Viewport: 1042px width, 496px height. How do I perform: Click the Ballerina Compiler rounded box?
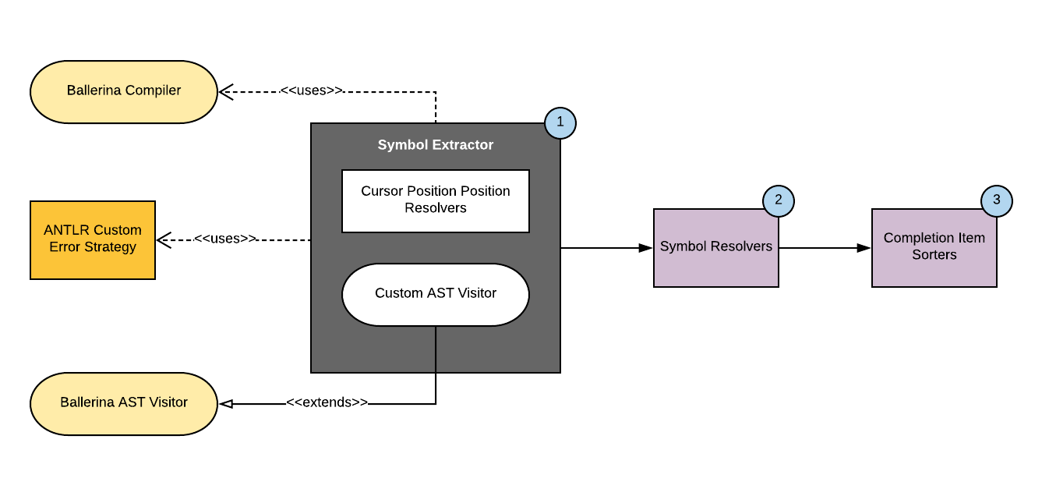pos(123,91)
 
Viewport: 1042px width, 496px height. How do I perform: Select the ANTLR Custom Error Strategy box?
pos(92,239)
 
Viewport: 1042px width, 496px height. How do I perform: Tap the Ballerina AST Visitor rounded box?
pos(123,403)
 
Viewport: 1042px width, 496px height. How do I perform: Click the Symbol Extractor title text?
pos(435,145)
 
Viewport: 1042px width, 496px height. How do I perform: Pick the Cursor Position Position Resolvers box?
pos(435,200)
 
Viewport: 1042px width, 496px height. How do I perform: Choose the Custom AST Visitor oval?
pos(435,294)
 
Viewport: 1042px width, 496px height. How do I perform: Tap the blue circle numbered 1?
pos(560,123)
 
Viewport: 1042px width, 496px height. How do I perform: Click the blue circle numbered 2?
pos(778,200)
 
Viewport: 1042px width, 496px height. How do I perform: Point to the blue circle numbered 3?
pos(996,200)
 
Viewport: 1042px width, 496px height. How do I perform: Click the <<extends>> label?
pos(327,403)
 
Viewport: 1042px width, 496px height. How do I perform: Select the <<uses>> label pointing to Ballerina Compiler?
pos(311,90)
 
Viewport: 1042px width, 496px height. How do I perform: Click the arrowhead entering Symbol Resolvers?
pos(645,248)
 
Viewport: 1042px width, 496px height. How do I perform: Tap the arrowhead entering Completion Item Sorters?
pos(864,248)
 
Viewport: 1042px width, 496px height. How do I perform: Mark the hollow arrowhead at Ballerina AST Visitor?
pos(226,404)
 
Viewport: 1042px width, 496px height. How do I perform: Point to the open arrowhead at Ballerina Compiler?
pos(225,92)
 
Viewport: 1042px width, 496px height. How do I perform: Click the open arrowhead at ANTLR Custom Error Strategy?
pos(163,240)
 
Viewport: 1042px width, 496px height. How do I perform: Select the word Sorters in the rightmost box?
pos(934,255)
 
